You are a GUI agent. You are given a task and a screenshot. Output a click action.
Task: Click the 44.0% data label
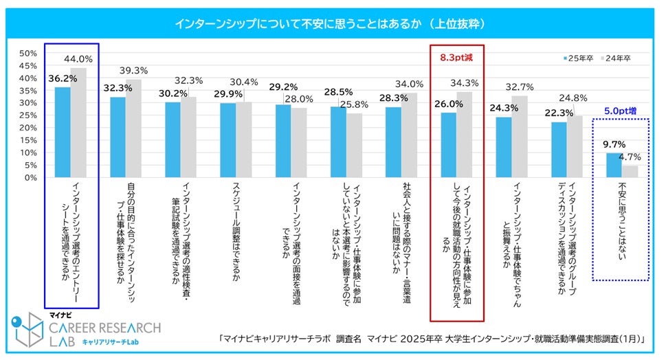[78, 60]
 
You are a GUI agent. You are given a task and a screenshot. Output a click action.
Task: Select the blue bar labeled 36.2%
[63, 132]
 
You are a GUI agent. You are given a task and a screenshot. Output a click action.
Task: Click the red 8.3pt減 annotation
[456, 58]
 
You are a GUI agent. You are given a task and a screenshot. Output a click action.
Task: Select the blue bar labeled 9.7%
[612, 165]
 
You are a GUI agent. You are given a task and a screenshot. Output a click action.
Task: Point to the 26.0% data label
[447, 104]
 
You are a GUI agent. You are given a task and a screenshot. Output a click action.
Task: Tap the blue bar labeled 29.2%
[283, 141]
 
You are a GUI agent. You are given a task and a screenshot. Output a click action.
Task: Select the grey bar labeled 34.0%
[410, 135]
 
